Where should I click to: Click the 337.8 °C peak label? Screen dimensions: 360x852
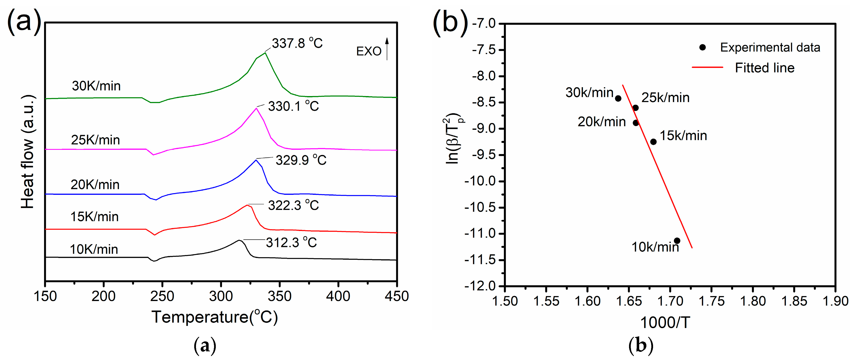tap(297, 43)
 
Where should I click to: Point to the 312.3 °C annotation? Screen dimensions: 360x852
tap(291, 243)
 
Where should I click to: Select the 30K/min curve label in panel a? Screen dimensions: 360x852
tap(96, 86)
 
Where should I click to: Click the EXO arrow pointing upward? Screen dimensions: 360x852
tap(387, 49)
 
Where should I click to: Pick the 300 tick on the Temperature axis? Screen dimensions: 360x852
tap(220, 296)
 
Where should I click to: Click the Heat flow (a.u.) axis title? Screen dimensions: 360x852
tap(28, 152)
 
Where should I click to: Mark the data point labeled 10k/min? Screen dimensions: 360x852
tap(677, 241)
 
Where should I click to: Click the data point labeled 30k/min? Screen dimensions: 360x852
tap(618, 99)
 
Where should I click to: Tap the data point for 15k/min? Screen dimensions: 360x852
tap(653, 142)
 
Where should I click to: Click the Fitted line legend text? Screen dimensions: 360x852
tap(764, 68)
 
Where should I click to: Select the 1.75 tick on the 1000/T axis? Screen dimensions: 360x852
tap(712, 301)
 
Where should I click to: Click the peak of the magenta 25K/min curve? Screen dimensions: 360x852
tap(256, 108)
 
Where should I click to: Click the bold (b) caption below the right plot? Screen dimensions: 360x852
tap(641, 345)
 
